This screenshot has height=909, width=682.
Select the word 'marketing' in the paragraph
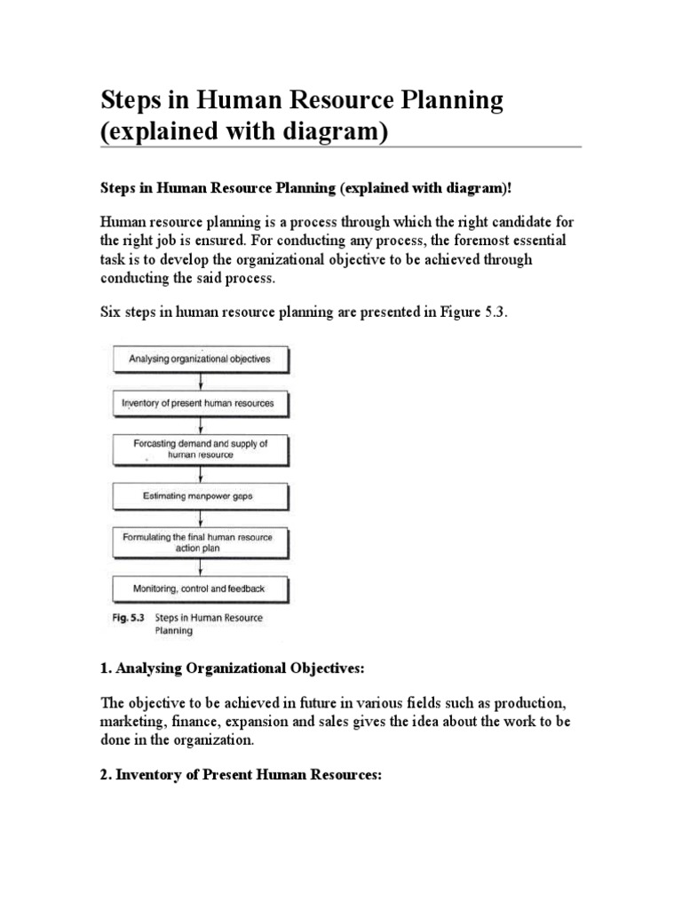pos(129,722)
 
